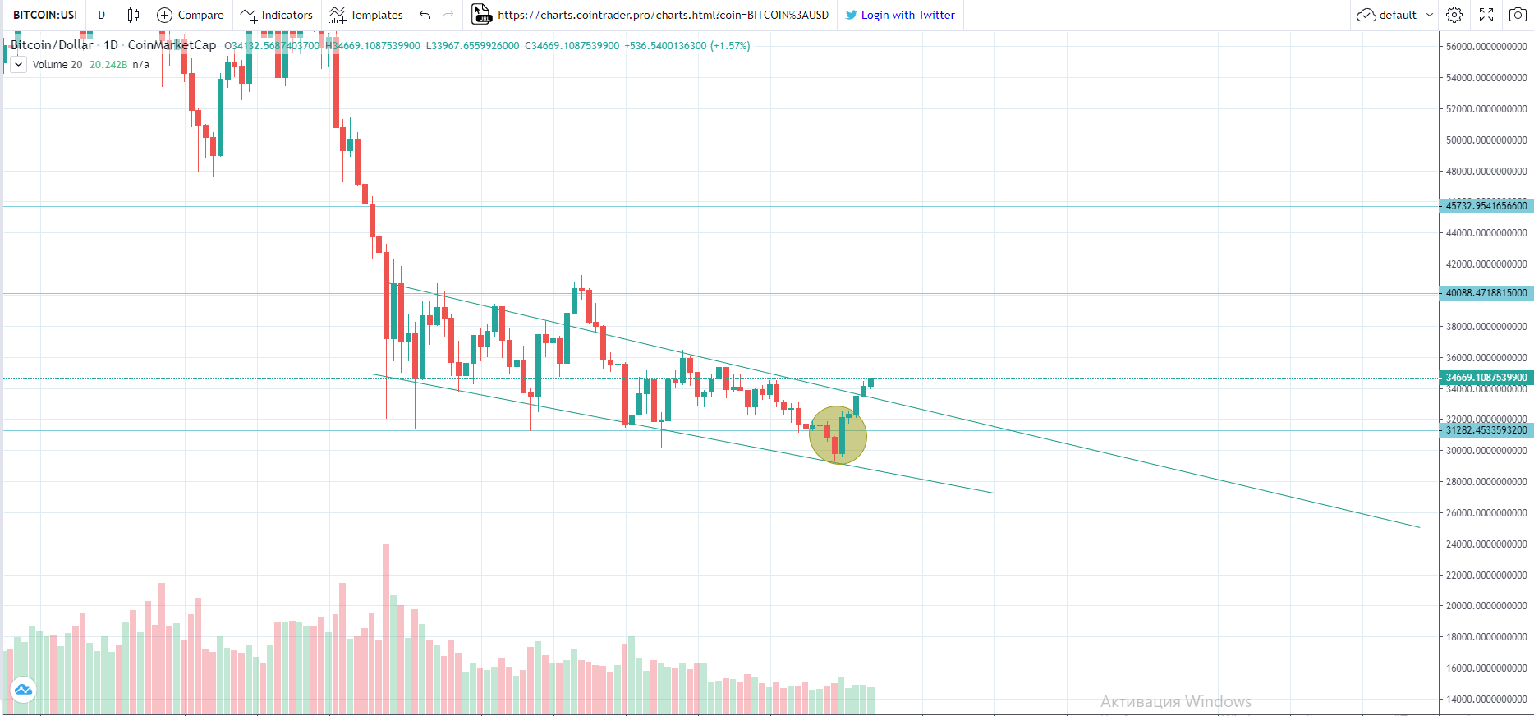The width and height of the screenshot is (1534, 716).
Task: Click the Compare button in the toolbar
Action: tap(191, 15)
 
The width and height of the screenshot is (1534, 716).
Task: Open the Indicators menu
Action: tap(277, 15)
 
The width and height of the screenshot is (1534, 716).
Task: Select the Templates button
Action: tap(366, 15)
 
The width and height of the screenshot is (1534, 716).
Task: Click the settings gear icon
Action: tap(1454, 15)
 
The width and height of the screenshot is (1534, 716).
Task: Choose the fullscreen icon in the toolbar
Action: tap(1486, 15)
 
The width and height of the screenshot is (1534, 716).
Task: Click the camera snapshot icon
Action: tap(1518, 15)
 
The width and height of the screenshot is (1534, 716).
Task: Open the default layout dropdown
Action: tap(1395, 15)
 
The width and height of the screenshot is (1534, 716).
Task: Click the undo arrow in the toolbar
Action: tap(425, 15)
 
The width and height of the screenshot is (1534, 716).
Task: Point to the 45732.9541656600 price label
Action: tap(1486, 206)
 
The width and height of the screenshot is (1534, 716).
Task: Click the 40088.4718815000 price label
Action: tap(1486, 293)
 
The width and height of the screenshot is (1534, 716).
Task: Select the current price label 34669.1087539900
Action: tap(1486, 378)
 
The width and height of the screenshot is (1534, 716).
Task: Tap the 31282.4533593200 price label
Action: tap(1486, 430)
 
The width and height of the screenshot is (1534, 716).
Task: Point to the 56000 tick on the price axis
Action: tap(1486, 47)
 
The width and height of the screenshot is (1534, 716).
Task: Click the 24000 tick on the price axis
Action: tap(1486, 544)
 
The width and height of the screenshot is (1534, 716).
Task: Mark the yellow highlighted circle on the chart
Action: tap(838, 435)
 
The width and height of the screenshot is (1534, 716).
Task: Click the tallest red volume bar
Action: tap(386, 628)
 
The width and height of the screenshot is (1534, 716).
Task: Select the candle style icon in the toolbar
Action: tap(133, 15)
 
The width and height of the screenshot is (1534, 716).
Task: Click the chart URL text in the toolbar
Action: tap(663, 15)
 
